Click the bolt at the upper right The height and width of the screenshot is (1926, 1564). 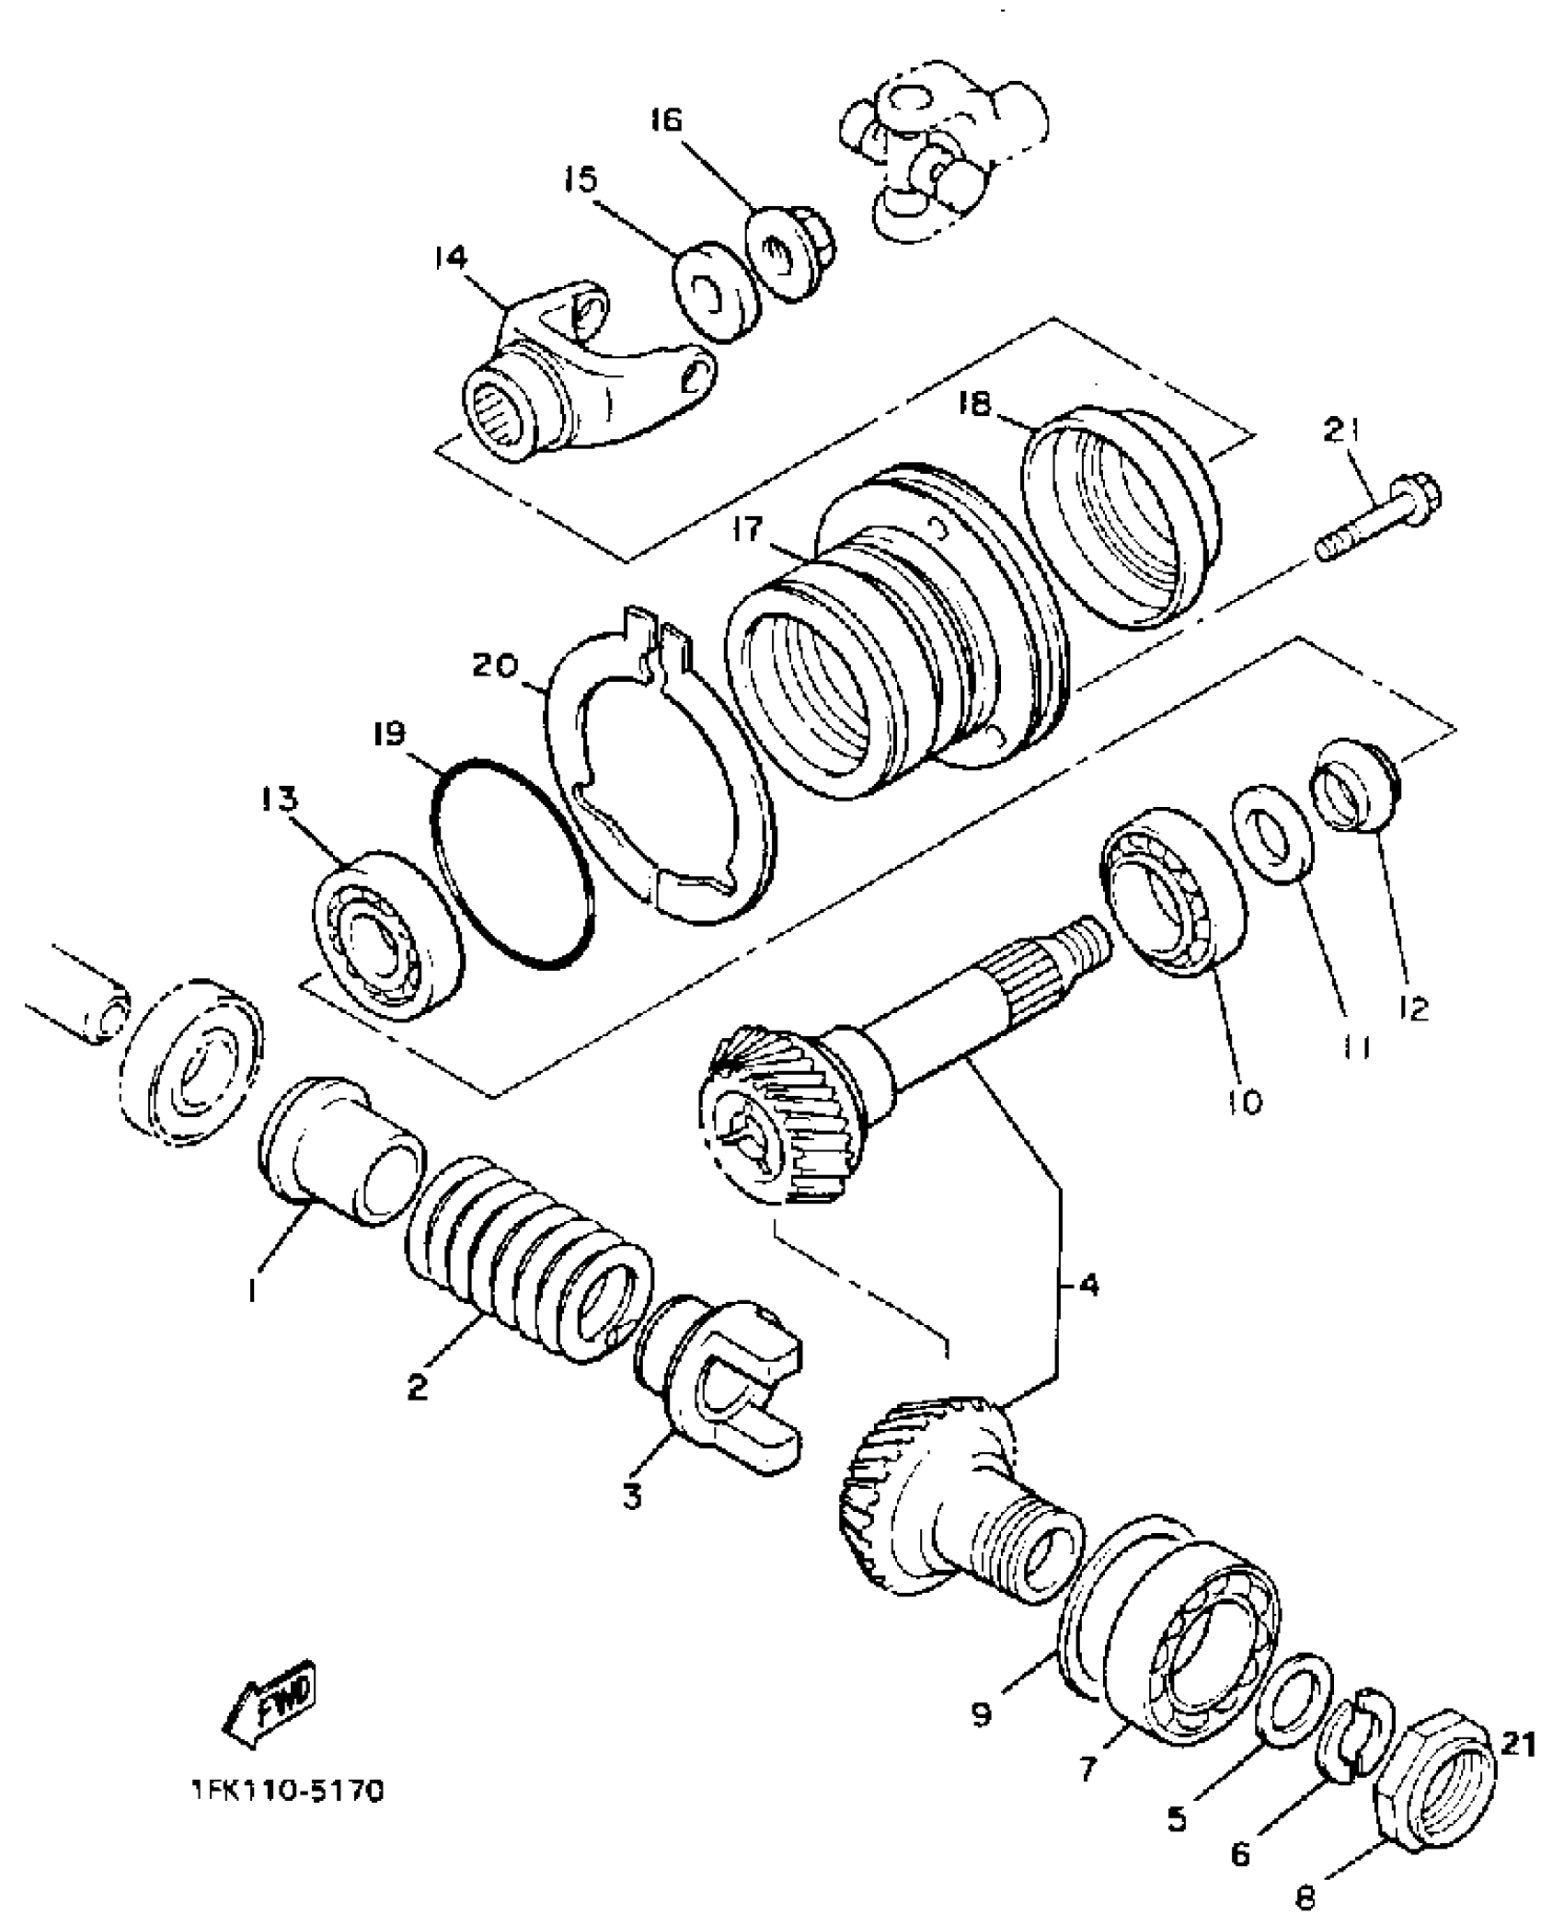point(1380,523)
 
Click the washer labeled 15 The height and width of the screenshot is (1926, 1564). point(715,290)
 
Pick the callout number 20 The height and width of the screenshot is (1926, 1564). point(496,665)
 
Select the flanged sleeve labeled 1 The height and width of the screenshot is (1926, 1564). point(339,1151)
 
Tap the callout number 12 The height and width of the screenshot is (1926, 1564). point(1413,1009)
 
